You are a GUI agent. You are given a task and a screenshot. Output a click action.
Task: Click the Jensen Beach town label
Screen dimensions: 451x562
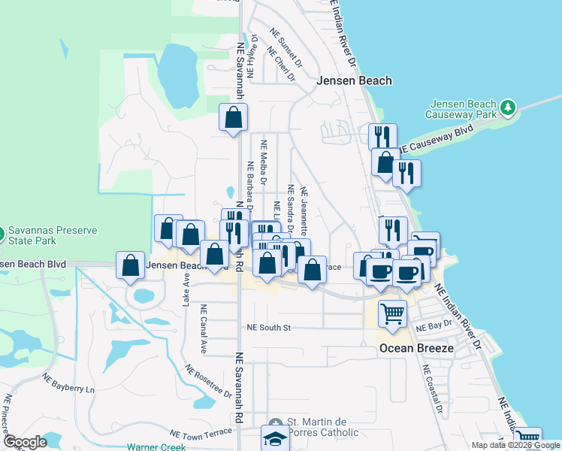tap(355, 80)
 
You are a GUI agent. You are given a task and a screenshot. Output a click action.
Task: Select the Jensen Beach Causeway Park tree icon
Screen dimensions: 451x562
tap(509, 107)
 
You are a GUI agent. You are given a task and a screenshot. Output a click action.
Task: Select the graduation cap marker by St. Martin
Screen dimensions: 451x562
tap(275, 438)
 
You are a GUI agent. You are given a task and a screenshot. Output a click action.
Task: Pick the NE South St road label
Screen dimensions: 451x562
tap(268, 328)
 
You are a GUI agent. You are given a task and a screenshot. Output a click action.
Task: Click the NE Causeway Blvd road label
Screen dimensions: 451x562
tap(436, 140)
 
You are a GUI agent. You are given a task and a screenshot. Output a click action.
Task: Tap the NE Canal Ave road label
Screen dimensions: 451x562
tap(203, 328)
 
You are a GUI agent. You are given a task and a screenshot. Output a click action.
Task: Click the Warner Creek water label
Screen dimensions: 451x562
tap(156, 447)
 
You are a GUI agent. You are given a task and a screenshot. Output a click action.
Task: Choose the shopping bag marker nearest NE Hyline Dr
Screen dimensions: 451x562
tap(233, 118)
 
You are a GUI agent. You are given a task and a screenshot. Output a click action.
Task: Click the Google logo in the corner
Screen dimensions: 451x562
tap(25, 442)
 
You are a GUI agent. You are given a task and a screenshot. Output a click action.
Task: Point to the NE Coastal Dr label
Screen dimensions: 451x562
tap(432, 390)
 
